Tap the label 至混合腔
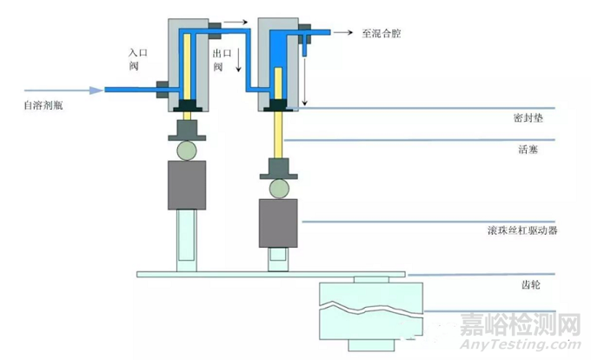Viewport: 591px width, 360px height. click(382, 34)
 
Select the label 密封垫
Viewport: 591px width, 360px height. click(528, 117)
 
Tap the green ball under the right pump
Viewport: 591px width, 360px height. click(278, 186)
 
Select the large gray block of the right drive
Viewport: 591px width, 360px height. click(278, 223)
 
